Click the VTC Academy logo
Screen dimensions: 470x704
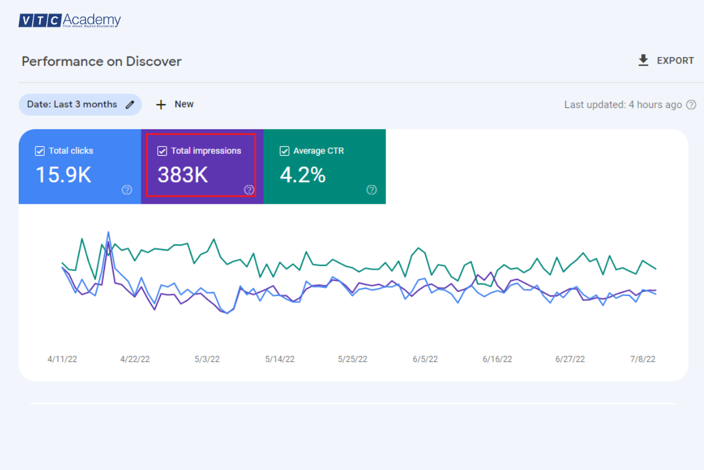69,21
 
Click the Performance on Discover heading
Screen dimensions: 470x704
101,61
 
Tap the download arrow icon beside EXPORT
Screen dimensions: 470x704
644,61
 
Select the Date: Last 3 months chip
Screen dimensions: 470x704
80,105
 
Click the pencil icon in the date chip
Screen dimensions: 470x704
130,105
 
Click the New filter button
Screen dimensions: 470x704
175,105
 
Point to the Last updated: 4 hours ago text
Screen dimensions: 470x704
622,105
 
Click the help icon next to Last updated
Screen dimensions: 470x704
691,105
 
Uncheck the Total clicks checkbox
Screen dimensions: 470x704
40,151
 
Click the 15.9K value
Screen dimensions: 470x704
63,175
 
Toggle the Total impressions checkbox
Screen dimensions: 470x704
163,151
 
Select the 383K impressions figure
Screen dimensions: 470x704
182,175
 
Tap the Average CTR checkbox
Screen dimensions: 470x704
285,151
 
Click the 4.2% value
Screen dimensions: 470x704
302,175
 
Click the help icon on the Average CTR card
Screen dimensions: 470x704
371,190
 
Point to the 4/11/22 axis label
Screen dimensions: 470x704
62,359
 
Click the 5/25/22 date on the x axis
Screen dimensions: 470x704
353,359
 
